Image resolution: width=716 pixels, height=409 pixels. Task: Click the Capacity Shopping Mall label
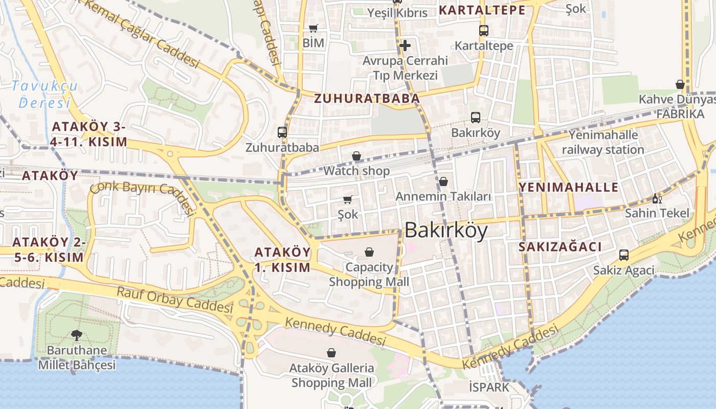[369, 275]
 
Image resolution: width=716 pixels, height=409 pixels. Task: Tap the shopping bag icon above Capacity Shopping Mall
[369, 252]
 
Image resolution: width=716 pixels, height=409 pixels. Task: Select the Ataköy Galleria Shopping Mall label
[331, 375]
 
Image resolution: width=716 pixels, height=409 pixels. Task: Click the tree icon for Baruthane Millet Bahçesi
[77, 336]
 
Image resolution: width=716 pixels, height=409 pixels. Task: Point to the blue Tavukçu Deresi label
[44, 94]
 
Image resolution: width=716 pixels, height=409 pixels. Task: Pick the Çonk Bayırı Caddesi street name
[143, 196]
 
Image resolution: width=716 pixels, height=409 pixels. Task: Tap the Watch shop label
[356, 171]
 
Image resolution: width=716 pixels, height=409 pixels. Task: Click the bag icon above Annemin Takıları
[443, 181]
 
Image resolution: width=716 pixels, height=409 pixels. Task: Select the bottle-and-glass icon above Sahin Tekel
[657, 198]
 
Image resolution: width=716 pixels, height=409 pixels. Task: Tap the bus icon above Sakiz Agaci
[623, 255]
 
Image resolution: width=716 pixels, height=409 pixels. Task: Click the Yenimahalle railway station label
[603, 142]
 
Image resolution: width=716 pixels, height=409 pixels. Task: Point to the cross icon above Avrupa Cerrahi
[405, 46]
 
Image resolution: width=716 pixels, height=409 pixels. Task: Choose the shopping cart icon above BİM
[314, 28]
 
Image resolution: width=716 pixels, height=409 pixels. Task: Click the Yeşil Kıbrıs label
[397, 13]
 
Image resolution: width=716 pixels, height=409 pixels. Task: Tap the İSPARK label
[489, 387]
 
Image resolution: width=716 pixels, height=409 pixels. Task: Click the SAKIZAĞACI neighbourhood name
[560, 247]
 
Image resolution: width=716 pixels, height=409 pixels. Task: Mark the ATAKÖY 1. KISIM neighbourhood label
[282, 260]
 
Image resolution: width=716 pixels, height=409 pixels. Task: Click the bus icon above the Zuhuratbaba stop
[282, 132]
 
